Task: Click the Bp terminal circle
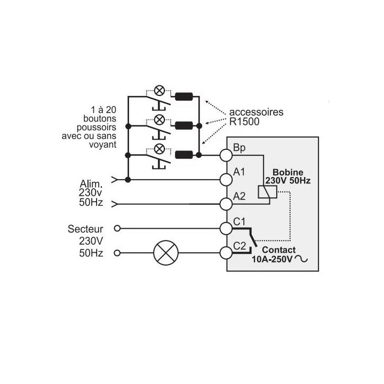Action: tap(226, 155)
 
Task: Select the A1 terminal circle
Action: tap(226, 180)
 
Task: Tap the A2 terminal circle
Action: tap(226, 204)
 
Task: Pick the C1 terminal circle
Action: tap(226, 228)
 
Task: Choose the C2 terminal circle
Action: tap(226, 253)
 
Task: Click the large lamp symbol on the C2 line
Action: tap(166, 253)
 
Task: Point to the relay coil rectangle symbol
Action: tap(267, 192)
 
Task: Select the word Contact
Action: tap(279, 250)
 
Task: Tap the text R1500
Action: tap(244, 122)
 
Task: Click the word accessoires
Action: tap(256, 112)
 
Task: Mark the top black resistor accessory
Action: tap(183, 97)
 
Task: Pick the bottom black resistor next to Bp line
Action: tap(183, 155)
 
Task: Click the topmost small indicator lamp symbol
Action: tap(159, 91)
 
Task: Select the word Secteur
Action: tap(85, 229)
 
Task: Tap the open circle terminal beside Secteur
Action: tap(117, 228)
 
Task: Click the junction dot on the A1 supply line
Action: tap(127, 180)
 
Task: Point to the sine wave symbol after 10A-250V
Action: tap(301, 258)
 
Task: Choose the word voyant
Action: tap(102, 145)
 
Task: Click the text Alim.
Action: tap(91, 183)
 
